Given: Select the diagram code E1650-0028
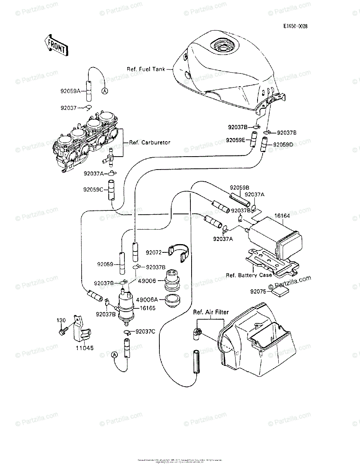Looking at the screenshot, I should point(296,27).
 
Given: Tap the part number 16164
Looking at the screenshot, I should point(282,216).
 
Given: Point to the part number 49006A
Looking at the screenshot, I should point(147,299).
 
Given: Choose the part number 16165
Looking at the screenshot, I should point(147,309).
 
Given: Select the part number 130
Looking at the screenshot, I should point(60,321).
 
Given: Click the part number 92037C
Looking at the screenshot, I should point(145,332).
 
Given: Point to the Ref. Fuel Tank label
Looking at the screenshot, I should point(146,69).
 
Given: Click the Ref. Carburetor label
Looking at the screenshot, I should point(150,142).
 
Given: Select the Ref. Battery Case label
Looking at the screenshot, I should point(249,275).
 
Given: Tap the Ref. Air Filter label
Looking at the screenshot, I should point(211,312).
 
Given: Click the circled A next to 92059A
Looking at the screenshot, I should point(105,91).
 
